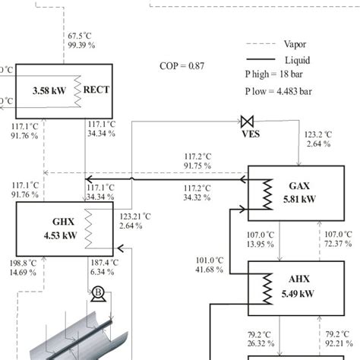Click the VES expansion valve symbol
coord(247,122)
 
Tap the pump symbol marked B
coord(98,294)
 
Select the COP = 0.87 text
coord(182,66)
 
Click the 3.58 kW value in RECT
coord(49,90)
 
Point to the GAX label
coord(299,186)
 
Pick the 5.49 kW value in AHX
coord(298,294)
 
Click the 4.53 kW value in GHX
coord(60,235)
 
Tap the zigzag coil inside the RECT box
coord(77,91)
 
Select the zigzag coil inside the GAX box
coord(268,194)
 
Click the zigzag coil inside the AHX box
coord(268,289)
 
